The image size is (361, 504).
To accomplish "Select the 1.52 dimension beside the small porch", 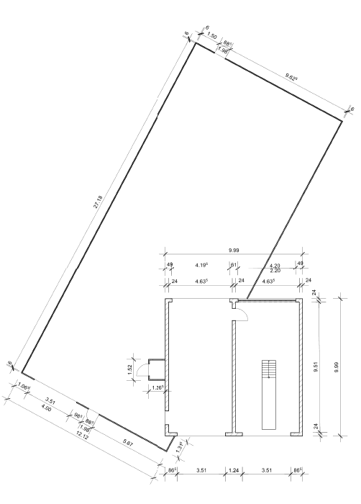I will [x=131, y=369].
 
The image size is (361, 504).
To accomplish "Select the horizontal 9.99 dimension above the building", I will [x=234, y=249].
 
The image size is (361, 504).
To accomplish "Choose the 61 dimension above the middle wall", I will [x=234, y=264].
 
